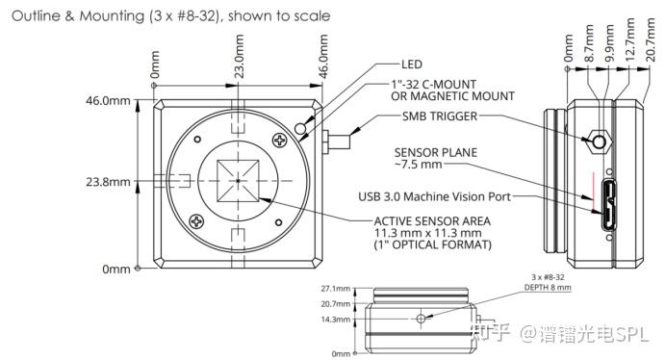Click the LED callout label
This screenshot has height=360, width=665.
[412, 64]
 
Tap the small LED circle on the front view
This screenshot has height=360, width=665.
[300, 128]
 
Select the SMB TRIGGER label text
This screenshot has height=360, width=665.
[440, 116]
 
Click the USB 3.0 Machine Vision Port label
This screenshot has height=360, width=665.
[435, 196]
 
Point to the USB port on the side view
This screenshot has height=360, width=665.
[610, 204]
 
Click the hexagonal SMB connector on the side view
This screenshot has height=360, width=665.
[599, 141]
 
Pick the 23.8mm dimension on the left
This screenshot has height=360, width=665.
[108, 182]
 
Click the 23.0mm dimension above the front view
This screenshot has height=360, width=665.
[240, 57]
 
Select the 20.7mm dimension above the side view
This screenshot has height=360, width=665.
[651, 39]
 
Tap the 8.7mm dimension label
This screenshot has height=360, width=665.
[589, 43]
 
